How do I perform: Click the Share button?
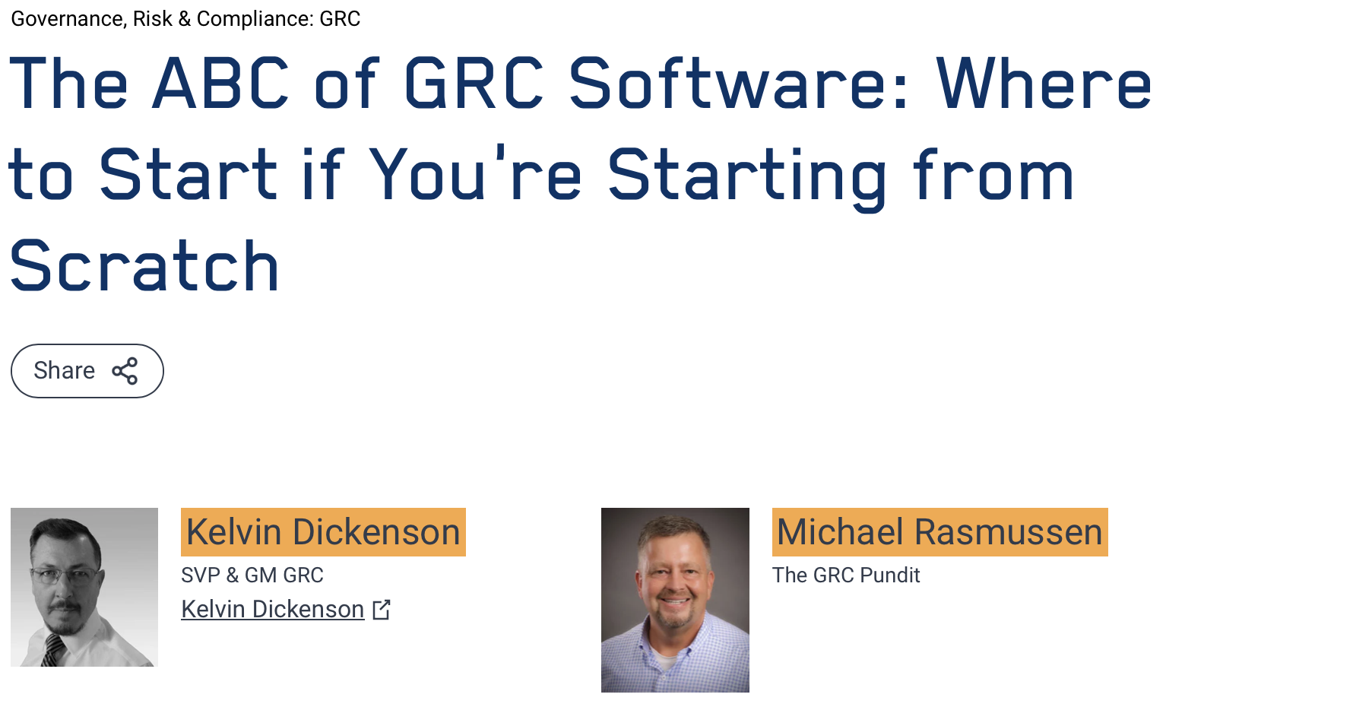87,371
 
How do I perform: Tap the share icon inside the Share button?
125,371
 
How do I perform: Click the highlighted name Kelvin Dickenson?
323,532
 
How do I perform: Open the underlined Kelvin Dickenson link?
273,609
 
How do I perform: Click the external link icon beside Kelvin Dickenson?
382,609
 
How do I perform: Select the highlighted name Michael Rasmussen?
939,532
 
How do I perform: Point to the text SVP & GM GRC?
252,575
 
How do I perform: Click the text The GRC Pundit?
846,575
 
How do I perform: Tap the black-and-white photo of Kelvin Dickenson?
84,587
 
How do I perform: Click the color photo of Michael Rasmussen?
675,600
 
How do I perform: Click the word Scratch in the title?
144,266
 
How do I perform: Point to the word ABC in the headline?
221,84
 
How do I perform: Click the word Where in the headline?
1044,84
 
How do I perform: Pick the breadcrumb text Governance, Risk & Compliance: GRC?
185,19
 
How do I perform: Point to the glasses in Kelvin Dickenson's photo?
65,575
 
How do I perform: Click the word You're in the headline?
476,174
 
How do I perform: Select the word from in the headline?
993,174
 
